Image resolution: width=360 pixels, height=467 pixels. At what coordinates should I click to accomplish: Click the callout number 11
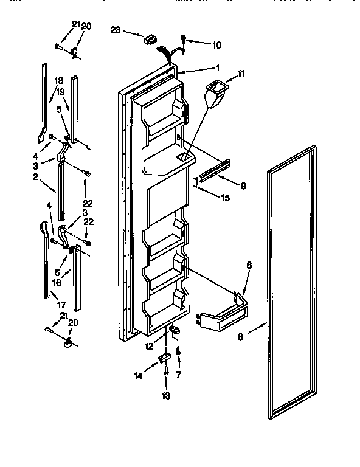point(241,74)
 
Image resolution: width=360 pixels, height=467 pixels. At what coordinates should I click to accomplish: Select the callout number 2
point(36,177)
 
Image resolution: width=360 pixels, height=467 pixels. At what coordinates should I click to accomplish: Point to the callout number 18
point(59,80)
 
